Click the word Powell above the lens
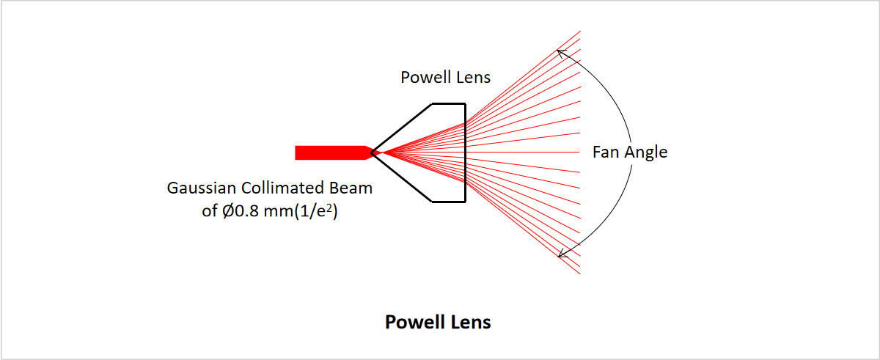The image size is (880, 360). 421,78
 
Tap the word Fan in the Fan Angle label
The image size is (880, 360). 606,153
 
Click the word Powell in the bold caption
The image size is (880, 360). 414,322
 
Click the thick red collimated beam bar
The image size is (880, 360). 330,153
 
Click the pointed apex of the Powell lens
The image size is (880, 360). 373,153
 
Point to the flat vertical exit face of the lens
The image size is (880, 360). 465,176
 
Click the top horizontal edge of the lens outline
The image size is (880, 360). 448,103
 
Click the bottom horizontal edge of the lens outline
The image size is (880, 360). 448,202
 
